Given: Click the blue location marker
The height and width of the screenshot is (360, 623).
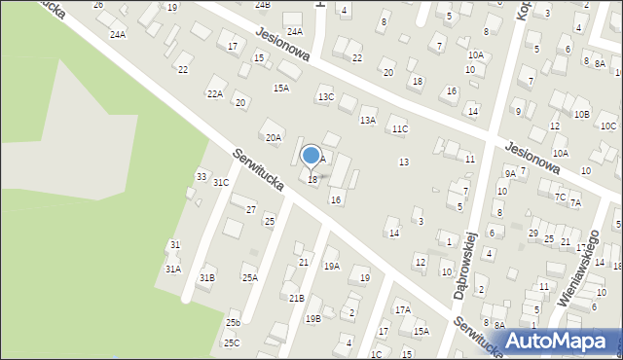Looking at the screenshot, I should [x=311, y=156].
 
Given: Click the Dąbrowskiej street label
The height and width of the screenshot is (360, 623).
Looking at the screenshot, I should [x=462, y=264].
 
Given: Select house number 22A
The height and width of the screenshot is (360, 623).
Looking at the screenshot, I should [x=214, y=93].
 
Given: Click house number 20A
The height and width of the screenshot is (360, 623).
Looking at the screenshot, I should [x=274, y=138].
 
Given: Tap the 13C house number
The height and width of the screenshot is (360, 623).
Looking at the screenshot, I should [x=326, y=97].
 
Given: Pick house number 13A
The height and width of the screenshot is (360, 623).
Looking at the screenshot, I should [x=368, y=120].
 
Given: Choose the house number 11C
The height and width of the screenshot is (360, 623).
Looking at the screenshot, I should [x=400, y=128].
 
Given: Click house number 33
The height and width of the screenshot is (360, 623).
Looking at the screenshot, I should [x=202, y=176].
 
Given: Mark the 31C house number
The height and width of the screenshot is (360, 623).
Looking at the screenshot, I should [x=221, y=182].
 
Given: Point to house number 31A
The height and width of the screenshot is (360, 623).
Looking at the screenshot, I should [x=172, y=269].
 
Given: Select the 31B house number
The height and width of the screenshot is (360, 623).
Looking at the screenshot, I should [x=206, y=278].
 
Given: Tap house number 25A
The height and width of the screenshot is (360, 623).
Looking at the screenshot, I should [x=250, y=278].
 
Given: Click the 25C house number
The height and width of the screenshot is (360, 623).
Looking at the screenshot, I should [x=231, y=342].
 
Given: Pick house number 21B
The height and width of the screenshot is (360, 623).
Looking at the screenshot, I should [x=296, y=298].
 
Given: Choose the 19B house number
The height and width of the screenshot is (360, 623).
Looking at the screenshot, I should [x=312, y=318].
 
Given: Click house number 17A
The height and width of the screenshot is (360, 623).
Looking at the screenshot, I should [x=402, y=309].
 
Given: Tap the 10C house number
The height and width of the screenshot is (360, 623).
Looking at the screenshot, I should [x=607, y=126].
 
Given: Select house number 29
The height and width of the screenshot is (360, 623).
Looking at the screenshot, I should [x=532, y=234].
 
